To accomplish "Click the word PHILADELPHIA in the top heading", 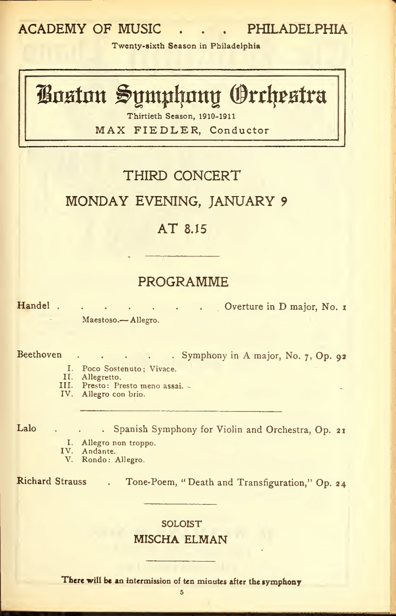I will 297,29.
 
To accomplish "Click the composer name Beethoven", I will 39,356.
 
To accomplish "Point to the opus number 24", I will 340,483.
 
